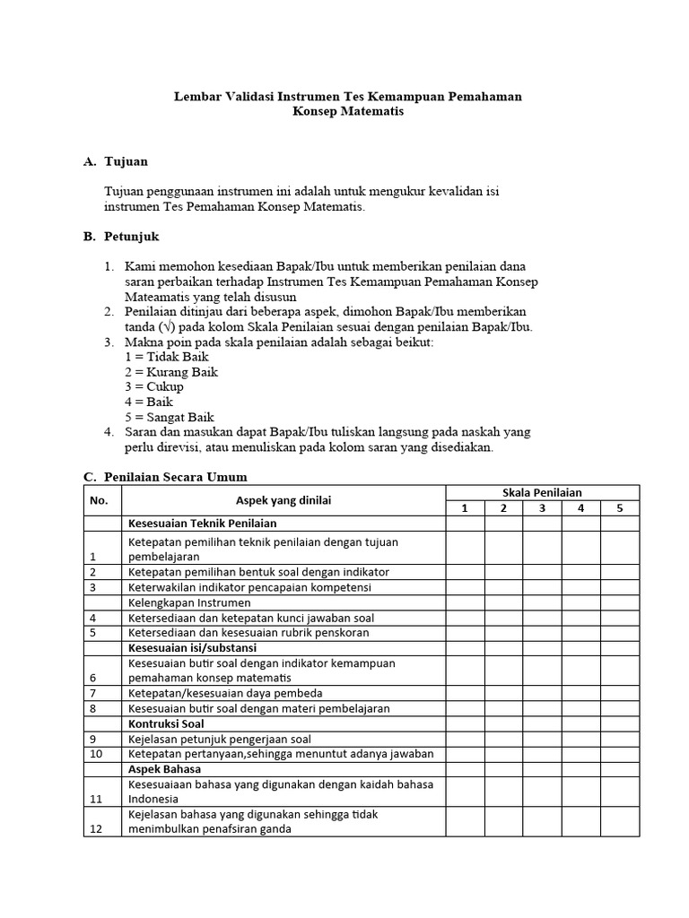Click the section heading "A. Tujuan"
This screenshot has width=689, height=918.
click(115, 161)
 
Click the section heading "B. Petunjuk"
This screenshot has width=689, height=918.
click(120, 237)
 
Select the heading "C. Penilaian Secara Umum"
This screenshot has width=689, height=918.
click(165, 476)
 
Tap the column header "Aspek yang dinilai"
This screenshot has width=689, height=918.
click(283, 500)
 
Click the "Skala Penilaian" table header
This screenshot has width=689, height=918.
click(543, 492)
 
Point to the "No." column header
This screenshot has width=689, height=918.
click(99, 500)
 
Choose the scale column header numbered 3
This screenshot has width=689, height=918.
click(542, 508)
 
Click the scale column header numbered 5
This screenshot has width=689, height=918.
click(620, 508)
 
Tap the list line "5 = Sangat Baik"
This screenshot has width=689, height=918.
click(170, 418)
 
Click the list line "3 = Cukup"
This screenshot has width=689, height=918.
click(154, 387)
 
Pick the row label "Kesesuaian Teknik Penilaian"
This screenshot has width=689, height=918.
click(203, 524)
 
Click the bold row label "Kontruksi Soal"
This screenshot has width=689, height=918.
click(166, 723)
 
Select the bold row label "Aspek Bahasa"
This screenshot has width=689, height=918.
click(165, 769)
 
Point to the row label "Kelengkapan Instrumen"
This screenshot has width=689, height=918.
click(189, 602)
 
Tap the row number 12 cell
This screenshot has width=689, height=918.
click(95, 829)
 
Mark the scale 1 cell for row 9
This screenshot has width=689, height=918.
click(465, 739)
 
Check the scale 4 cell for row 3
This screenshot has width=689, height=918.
click(580, 587)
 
